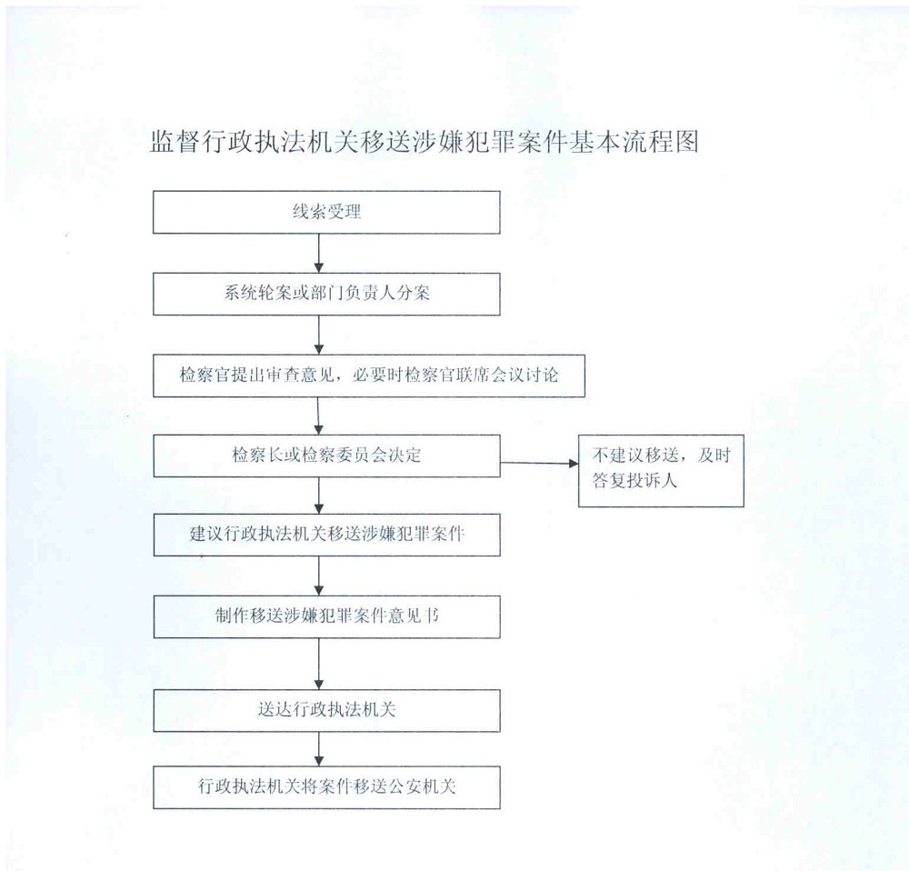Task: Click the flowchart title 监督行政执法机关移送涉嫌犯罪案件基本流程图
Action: (425, 142)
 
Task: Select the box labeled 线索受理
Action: (326, 212)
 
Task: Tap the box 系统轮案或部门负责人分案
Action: (326, 294)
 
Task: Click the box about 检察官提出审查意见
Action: (369, 375)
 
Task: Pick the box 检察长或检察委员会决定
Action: (326, 456)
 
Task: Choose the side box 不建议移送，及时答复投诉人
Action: (661, 470)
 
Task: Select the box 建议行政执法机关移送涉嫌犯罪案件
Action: (326, 535)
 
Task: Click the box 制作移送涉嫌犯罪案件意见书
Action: (326, 616)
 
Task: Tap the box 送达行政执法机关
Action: (326, 710)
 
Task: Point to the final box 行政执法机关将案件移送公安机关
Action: (326, 787)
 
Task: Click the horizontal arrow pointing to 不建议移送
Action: (539, 463)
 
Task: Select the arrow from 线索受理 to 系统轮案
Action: (319, 254)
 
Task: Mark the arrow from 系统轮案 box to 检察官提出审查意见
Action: (319, 335)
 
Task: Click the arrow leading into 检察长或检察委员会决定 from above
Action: (318, 416)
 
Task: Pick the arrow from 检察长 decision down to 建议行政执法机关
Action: (319, 496)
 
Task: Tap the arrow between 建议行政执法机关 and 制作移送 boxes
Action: (319, 576)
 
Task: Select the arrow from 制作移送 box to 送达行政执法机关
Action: (319, 664)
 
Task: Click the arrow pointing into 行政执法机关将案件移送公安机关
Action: (319, 749)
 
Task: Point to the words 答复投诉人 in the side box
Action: (634, 480)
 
